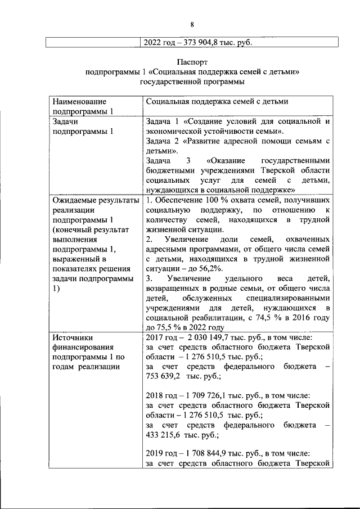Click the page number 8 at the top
point(191,24)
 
